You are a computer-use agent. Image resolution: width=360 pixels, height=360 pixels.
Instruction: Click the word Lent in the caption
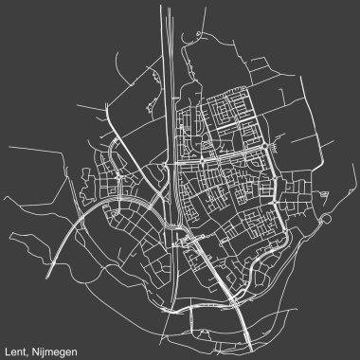tap(16, 346)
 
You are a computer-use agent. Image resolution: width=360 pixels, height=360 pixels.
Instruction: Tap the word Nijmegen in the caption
tap(53, 346)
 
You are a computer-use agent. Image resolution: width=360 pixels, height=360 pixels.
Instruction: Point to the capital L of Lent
tap(8, 346)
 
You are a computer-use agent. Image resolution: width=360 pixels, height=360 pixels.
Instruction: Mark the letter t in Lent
tap(25, 346)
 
